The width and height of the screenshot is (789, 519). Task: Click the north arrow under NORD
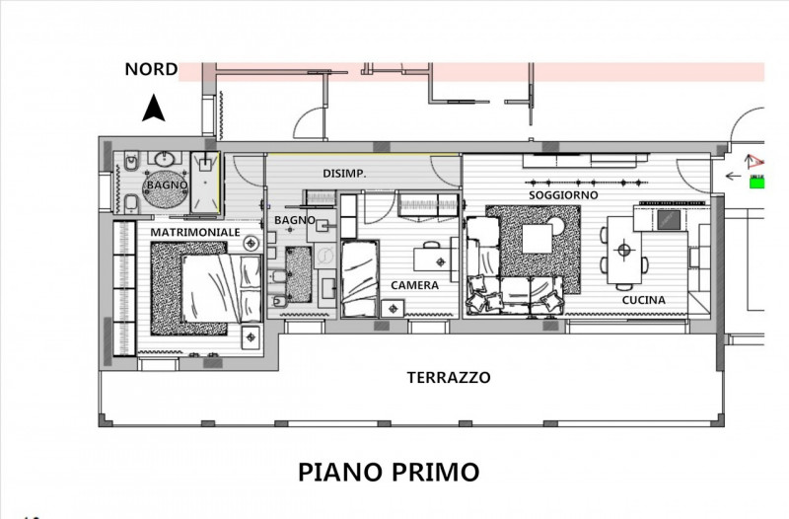(153, 109)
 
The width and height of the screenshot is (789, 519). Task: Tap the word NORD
(151, 69)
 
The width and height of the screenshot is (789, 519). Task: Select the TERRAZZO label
(450, 377)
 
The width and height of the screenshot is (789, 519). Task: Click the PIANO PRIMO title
(389, 471)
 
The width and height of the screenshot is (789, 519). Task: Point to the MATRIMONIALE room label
(194, 231)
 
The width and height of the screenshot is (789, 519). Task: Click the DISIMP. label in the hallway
(345, 174)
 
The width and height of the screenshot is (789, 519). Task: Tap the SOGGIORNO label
(562, 195)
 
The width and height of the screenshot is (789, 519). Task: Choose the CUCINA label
(643, 300)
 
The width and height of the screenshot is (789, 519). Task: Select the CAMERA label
(414, 285)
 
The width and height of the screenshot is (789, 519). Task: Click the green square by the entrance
(757, 181)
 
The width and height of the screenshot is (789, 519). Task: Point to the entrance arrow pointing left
(733, 177)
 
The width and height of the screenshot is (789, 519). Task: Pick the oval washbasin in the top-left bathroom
(163, 159)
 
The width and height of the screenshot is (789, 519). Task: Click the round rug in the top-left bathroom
(164, 189)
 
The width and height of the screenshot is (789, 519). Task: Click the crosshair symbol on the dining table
(623, 251)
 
